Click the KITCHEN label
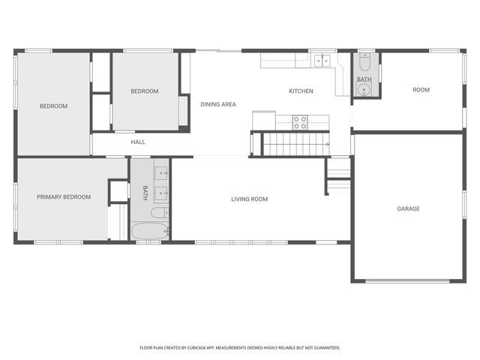(x=301, y=91)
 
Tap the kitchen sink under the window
(x=323, y=61)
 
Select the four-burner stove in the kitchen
(x=299, y=121)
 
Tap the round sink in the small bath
(x=364, y=91)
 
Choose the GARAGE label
(x=408, y=208)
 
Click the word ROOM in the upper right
(x=421, y=90)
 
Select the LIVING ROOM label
(x=249, y=199)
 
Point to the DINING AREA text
(x=218, y=104)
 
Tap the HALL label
(x=138, y=142)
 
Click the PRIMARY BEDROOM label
(x=64, y=197)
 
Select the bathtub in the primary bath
(x=150, y=230)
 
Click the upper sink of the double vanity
(x=162, y=173)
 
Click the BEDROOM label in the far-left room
(x=53, y=106)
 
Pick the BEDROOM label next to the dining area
(x=144, y=91)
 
